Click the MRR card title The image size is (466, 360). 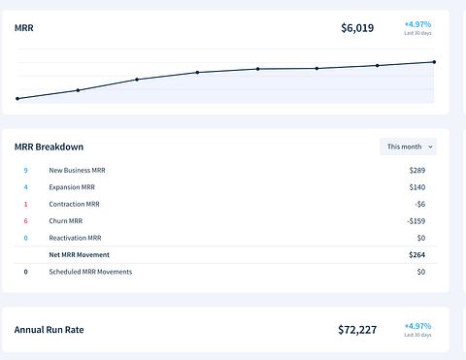[x=24, y=28]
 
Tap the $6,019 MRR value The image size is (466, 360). [x=357, y=28]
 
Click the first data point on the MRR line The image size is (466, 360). [x=17, y=99]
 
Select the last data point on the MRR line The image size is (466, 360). [x=434, y=62]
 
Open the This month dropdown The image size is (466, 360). [x=409, y=147]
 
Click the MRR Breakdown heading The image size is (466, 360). [x=49, y=147]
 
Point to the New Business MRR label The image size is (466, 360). [x=77, y=171]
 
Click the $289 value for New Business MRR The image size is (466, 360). [x=417, y=171]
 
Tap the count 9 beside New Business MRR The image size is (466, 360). [x=25, y=171]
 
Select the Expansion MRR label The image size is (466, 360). [x=72, y=187]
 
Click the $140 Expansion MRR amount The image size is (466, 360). [x=417, y=187]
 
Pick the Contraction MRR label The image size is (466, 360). [x=75, y=204]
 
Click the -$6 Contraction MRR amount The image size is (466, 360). [x=420, y=204]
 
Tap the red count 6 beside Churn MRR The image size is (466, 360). [x=25, y=221]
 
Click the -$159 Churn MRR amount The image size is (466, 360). [x=416, y=221]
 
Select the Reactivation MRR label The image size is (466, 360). [x=75, y=238]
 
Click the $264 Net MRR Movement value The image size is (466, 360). [x=416, y=255]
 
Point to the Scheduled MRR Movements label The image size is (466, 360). [x=90, y=272]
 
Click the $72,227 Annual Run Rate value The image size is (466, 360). [x=357, y=330]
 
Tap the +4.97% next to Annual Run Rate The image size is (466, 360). [x=417, y=326]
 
